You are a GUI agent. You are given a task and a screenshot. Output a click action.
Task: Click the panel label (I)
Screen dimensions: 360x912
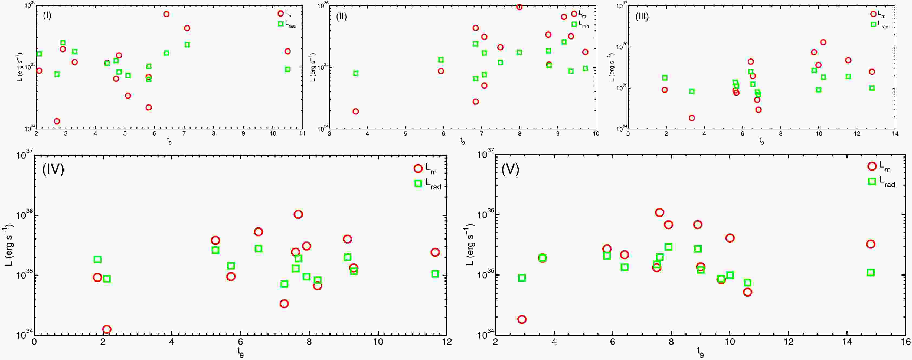coord(47,16)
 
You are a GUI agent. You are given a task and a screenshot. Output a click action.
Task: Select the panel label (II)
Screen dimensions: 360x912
coord(341,17)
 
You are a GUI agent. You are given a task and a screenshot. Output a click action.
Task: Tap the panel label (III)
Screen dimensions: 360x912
coord(642,17)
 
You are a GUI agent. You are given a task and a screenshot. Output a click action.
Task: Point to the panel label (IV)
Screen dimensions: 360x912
coord(53,169)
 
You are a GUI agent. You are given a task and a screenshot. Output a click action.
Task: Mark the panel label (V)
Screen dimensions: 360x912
coord(510,169)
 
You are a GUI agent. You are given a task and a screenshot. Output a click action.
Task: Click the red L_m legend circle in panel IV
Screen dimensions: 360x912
coord(418,168)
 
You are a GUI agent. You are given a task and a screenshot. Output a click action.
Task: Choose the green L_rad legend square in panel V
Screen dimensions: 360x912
coord(872,181)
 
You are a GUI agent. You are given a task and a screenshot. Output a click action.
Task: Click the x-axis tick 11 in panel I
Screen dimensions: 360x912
coord(302,134)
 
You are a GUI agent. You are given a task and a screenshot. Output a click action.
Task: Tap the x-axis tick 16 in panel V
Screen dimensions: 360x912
coord(906,342)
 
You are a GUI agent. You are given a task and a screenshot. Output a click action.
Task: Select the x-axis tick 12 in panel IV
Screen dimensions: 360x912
coord(447,342)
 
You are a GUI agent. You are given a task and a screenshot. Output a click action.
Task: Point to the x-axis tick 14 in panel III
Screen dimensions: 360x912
coord(895,134)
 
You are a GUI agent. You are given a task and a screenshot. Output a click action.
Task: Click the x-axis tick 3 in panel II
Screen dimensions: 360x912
coord(330,134)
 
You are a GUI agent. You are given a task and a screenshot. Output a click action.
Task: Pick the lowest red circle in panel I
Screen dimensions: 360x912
coord(57,121)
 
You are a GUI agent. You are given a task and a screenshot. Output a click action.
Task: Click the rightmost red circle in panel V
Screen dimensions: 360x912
coord(871,244)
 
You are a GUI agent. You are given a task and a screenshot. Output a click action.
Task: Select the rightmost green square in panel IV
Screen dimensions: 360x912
coord(435,274)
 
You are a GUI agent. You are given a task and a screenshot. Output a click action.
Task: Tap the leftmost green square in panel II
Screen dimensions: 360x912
coord(356,73)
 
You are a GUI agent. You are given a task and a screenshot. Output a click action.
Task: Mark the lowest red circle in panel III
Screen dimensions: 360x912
coord(691,118)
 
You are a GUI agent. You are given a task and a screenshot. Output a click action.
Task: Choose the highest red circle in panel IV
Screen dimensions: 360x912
coord(298,214)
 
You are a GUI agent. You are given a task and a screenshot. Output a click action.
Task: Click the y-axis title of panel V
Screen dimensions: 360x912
coord(469,245)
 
